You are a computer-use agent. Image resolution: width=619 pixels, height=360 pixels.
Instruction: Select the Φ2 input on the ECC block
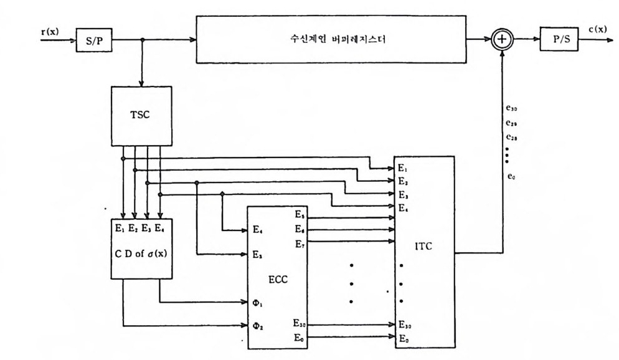tap(257, 325)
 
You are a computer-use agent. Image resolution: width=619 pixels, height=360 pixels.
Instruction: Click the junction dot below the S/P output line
tap(143, 40)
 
